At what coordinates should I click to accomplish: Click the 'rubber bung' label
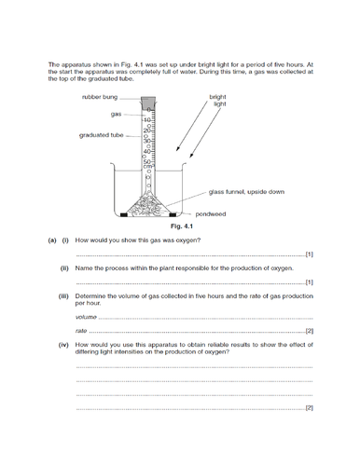99,96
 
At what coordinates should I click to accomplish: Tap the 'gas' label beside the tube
117,114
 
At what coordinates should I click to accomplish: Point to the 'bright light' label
217,101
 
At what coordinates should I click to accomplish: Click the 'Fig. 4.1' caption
180,225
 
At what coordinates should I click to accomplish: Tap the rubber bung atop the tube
149,100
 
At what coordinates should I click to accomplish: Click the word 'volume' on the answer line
86,318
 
